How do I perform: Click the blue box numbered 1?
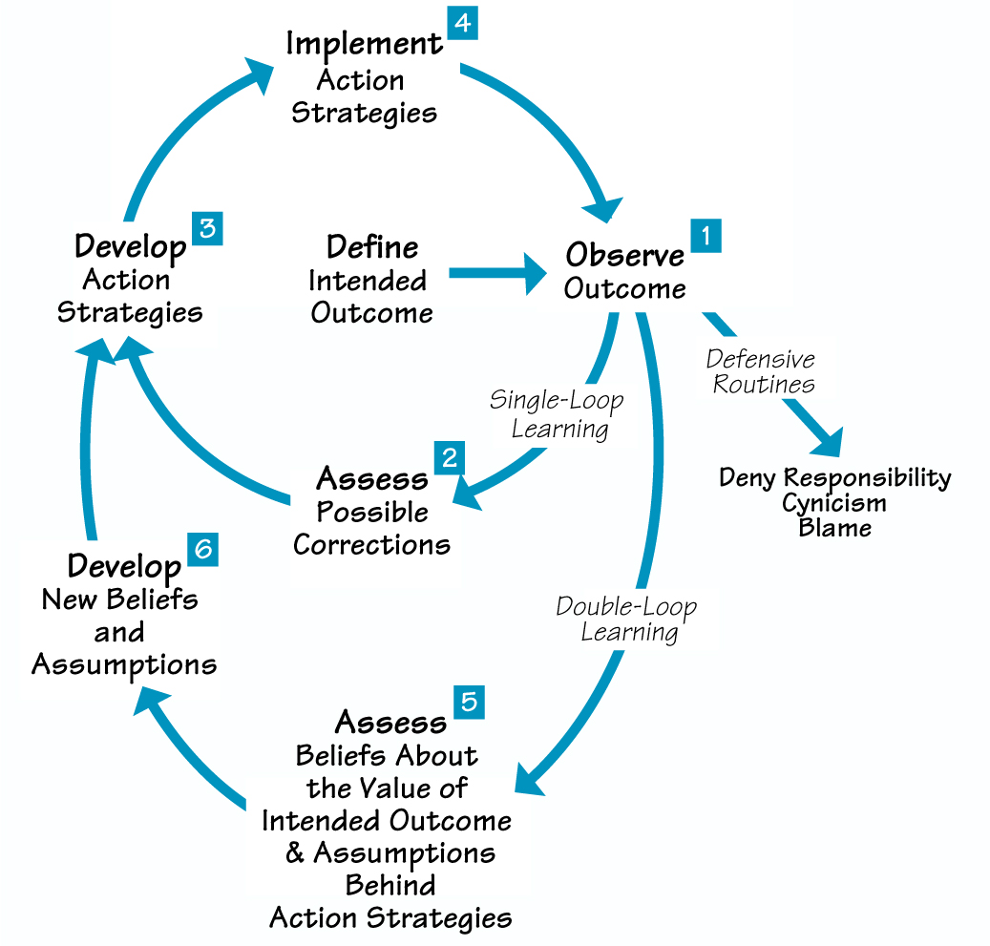pyautogui.click(x=706, y=236)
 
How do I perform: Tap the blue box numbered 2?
pyautogui.click(x=448, y=457)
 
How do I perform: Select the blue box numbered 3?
pyautogui.click(x=206, y=230)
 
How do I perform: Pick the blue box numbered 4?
pyautogui.click(x=461, y=23)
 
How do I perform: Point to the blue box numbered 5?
pyautogui.click(x=469, y=702)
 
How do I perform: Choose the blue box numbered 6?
pyautogui.click(x=202, y=550)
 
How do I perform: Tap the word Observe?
pyautogui.click(x=625, y=256)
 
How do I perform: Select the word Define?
pyautogui.click(x=372, y=247)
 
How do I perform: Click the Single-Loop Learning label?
pyautogui.click(x=558, y=413)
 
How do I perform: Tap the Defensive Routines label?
pyautogui.click(x=761, y=371)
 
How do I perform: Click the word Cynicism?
pyautogui.click(x=834, y=502)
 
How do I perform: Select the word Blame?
pyautogui.click(x=834, y=527)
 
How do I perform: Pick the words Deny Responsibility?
pyautogui.click(x=834, y=477)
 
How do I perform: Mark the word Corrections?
pyautogui.click(x=371, y=544)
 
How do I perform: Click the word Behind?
pyautogui.click(x=390, y=885)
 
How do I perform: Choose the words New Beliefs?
pyautogui.click(x=120, y=599)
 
